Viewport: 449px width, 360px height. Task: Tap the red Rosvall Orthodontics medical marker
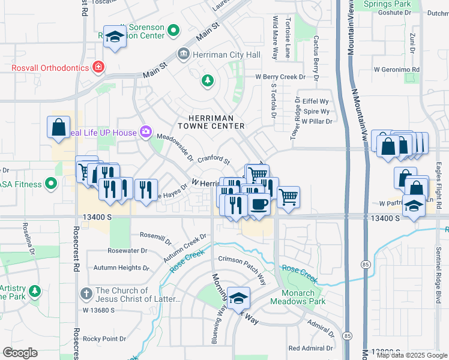tap(98, 67)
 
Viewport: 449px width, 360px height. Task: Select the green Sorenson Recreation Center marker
tap(173, 29)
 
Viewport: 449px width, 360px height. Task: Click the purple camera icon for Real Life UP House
tap(145, 131)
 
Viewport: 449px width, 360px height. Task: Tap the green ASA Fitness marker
tap(51, 183)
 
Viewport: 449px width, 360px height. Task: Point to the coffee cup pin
tap(259, 205)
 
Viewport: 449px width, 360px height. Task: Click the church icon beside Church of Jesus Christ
tap(86, 295)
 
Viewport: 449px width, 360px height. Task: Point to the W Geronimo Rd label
tap(397, 70)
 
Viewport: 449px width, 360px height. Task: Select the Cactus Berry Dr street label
tap(316, 55)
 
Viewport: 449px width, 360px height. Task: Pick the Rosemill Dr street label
tap(155, 236)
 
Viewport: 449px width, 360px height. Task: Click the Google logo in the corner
tap(20, 353)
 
